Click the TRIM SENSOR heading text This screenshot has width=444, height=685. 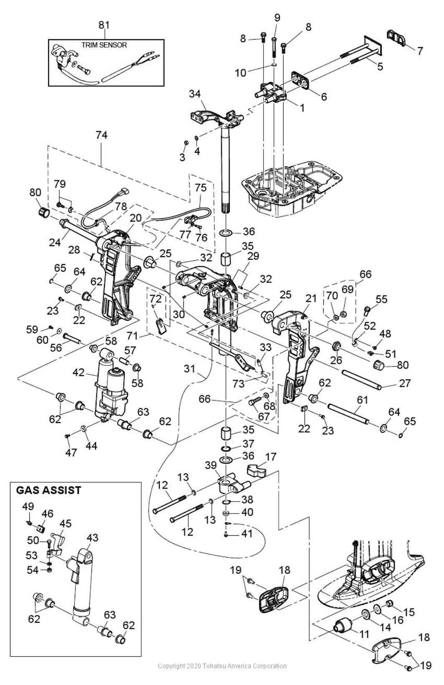(x=104, y=45)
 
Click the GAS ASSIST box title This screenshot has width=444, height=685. (x=48, y=490)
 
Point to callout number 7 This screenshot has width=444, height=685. (x=420, y=51)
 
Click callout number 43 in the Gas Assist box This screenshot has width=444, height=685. (x=92, y=538)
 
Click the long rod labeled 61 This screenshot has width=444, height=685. (x=348, y=413)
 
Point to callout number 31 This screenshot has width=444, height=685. (x=189, y=369)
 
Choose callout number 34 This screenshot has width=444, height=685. (x=195, y=93)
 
